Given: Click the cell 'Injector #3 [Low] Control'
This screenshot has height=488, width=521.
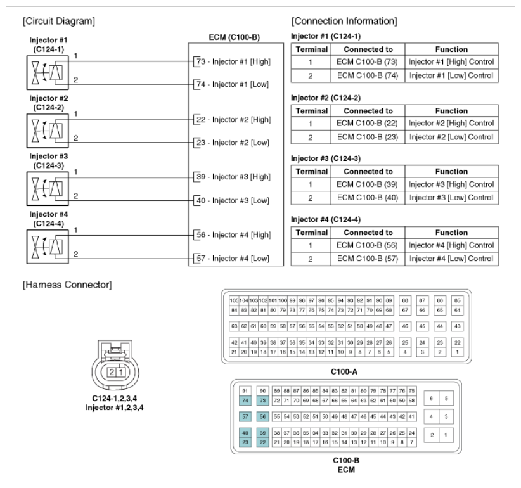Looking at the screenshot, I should coord(451,198).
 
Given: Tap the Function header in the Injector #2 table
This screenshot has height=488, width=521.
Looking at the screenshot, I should coord(451,110).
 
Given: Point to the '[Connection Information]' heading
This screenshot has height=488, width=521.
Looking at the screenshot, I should coord(344,21).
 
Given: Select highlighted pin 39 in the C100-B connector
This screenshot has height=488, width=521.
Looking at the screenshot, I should coord(262,432).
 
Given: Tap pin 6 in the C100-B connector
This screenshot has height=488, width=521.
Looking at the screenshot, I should coord(431,398).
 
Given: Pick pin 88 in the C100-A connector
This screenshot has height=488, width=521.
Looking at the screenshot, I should coord(405,299).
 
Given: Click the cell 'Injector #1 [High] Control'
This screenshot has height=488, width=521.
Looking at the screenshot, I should coord(451,62).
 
